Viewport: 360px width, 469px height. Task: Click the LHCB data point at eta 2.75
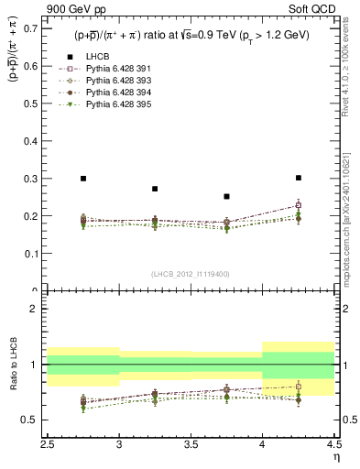83,179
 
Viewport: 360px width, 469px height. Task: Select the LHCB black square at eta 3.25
155,189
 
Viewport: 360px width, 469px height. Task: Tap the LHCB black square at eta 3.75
226,196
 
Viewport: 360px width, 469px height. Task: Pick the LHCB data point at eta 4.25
298,178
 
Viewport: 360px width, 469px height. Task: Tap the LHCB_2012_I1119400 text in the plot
191,274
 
